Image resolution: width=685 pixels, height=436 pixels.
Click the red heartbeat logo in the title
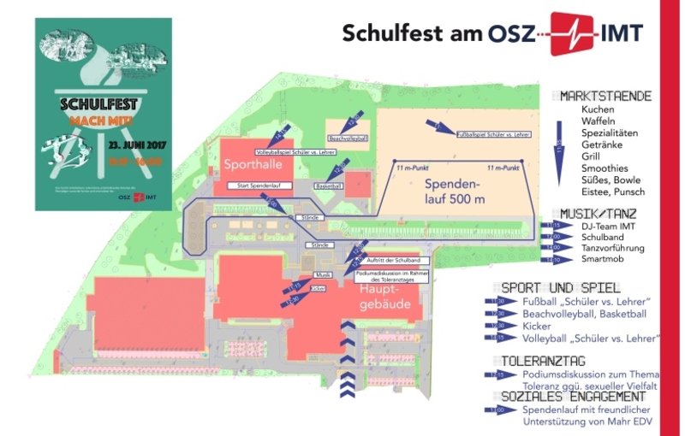574,32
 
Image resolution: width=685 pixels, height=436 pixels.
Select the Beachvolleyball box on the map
348,138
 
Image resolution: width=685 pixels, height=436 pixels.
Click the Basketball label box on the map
328,186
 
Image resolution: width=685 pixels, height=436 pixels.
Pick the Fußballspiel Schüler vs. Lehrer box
495,134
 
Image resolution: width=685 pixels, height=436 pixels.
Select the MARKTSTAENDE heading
607,96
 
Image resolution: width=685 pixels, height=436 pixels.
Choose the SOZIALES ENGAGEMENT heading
573,397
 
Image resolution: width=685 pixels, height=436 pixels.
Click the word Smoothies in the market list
605,168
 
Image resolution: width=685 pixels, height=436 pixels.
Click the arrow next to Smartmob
552,259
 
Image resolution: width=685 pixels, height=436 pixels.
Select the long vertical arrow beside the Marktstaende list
558,150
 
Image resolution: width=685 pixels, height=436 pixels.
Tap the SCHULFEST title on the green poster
99,107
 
